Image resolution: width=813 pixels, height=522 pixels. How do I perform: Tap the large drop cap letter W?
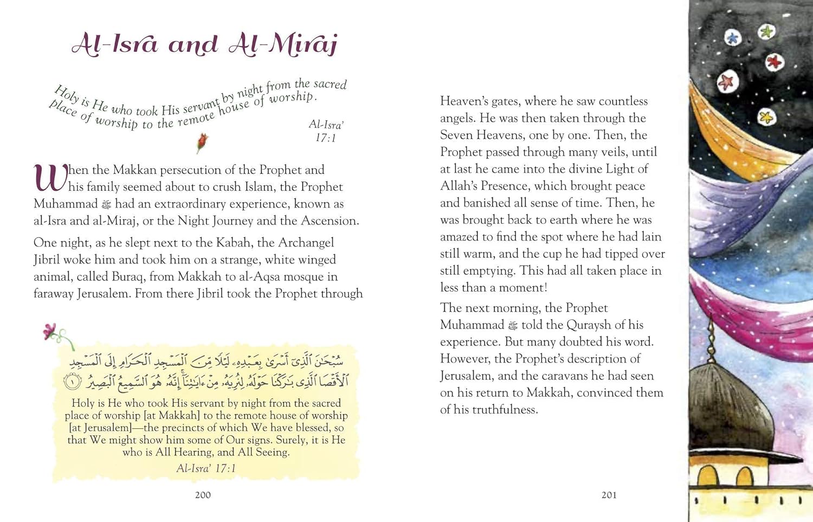[50, 178]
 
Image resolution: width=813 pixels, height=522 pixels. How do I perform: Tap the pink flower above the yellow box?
[50, 331]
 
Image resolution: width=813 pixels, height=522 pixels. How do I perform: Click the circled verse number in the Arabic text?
[72, 382]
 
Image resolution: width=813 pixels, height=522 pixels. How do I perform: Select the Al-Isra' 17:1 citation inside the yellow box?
[206, 468]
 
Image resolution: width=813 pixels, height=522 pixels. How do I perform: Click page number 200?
[203, 495]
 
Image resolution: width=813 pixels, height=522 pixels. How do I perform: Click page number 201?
[609, 495]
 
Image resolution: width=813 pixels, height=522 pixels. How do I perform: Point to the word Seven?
[457, 135]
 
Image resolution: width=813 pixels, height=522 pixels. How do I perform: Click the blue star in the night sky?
[732, 38]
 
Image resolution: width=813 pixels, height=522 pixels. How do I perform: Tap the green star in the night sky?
[766, 32]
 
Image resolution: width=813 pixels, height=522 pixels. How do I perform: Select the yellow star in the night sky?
[766, 117]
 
